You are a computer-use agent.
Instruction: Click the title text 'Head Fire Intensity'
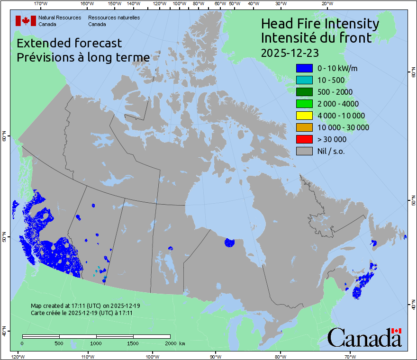click(320, 24)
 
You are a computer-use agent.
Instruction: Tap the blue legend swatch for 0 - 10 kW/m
click(304, 68)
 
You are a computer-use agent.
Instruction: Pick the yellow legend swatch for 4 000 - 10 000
click(304, 116)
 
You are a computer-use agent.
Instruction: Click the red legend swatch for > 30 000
click(304, 139)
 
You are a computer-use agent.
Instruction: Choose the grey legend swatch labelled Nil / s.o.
click(304, 151)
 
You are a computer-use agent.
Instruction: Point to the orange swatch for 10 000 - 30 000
click(304, 127)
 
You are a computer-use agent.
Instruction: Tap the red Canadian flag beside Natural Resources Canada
click(26, 20)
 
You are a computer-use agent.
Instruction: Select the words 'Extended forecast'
click(69, 43)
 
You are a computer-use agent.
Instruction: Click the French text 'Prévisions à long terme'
click(83, 57)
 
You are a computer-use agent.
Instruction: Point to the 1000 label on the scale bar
click(96, 343)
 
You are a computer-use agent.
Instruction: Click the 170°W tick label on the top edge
click(41, 3)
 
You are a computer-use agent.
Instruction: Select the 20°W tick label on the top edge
click(326, 3)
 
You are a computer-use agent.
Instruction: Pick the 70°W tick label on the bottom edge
click(350, 356)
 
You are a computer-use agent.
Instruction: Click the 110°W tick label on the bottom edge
click(87, 356)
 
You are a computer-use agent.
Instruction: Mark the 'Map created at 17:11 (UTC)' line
click(85, 306)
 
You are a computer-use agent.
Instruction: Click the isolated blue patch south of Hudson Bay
click(229, 243)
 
